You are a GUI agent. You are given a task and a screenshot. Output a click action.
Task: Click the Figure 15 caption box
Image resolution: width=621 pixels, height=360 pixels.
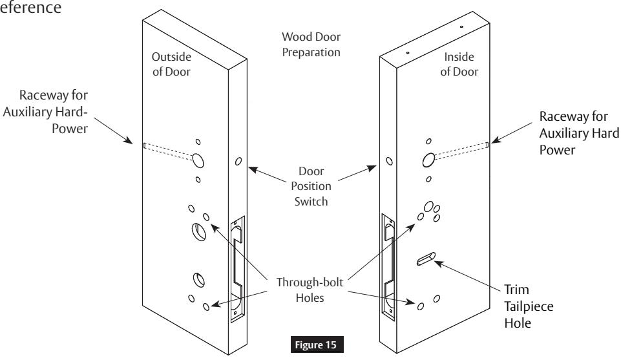click(317, 344)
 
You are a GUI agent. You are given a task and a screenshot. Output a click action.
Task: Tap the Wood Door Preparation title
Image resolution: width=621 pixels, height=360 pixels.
click(311, 45)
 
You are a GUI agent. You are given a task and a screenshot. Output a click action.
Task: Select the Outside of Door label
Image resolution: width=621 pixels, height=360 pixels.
click(171, 64)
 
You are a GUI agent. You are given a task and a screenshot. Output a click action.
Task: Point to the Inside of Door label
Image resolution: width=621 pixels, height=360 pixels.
click(459, 64)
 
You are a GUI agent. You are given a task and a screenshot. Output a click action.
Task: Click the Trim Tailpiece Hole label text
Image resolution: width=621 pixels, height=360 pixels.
click(529, 306)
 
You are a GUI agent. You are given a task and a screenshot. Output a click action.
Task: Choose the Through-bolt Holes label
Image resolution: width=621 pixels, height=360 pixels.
click(310, 290)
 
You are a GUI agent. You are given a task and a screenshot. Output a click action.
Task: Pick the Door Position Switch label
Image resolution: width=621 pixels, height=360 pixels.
click(311, 186)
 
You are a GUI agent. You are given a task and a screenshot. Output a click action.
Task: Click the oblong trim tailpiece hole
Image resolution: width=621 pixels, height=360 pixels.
click(426, 259)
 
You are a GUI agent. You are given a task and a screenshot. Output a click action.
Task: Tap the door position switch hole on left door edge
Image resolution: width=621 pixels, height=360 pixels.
click(238, 161)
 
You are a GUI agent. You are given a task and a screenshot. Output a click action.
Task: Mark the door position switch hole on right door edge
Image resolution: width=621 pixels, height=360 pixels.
click(390, 161)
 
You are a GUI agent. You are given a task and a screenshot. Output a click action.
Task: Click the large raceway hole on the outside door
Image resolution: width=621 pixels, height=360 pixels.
click(198, 160)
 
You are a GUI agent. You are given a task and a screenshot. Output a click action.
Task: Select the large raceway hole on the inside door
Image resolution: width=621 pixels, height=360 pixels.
click(428, 160)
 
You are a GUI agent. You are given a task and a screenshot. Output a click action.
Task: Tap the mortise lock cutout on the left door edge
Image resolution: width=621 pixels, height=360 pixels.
click(237, 268)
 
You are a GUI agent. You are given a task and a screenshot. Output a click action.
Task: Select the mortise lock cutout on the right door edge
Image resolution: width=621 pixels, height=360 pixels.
click(388, 266)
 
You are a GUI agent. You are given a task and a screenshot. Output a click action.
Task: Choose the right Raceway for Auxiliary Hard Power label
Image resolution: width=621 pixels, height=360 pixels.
click(579, 133)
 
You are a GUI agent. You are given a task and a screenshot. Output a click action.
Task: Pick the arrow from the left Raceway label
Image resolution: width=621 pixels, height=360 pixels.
click(113, 131)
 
